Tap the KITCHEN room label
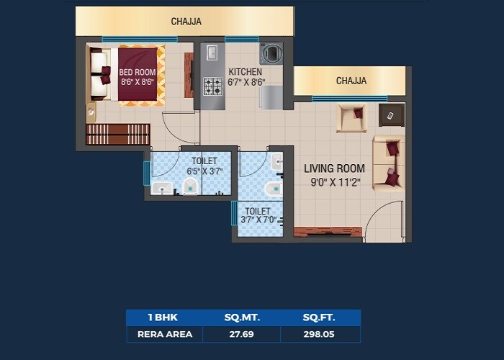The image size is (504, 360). click(245, 72)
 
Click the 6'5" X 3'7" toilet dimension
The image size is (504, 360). click(204, 171)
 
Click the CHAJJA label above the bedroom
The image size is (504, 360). click(186, 22)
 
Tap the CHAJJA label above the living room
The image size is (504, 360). click(351, 81)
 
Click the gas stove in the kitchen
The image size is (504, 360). click(212, 87)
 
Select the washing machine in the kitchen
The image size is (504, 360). click(271, 53)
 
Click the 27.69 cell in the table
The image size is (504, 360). click(241, 334)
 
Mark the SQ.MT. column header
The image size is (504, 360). click(241, 318)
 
